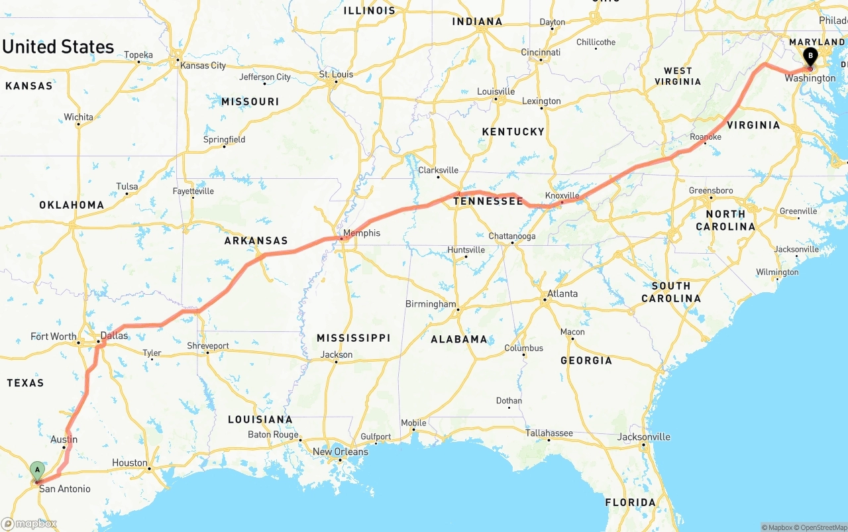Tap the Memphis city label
362,233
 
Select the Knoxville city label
562,195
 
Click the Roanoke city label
705,136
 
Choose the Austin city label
64,439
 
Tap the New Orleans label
340,452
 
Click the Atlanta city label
562,293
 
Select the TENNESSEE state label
488,201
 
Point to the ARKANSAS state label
256,240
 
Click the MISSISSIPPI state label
353,338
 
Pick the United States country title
58,47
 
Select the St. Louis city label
337,74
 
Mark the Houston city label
130,462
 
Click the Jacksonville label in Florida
643,437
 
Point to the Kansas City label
203,66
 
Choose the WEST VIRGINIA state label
678,76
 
